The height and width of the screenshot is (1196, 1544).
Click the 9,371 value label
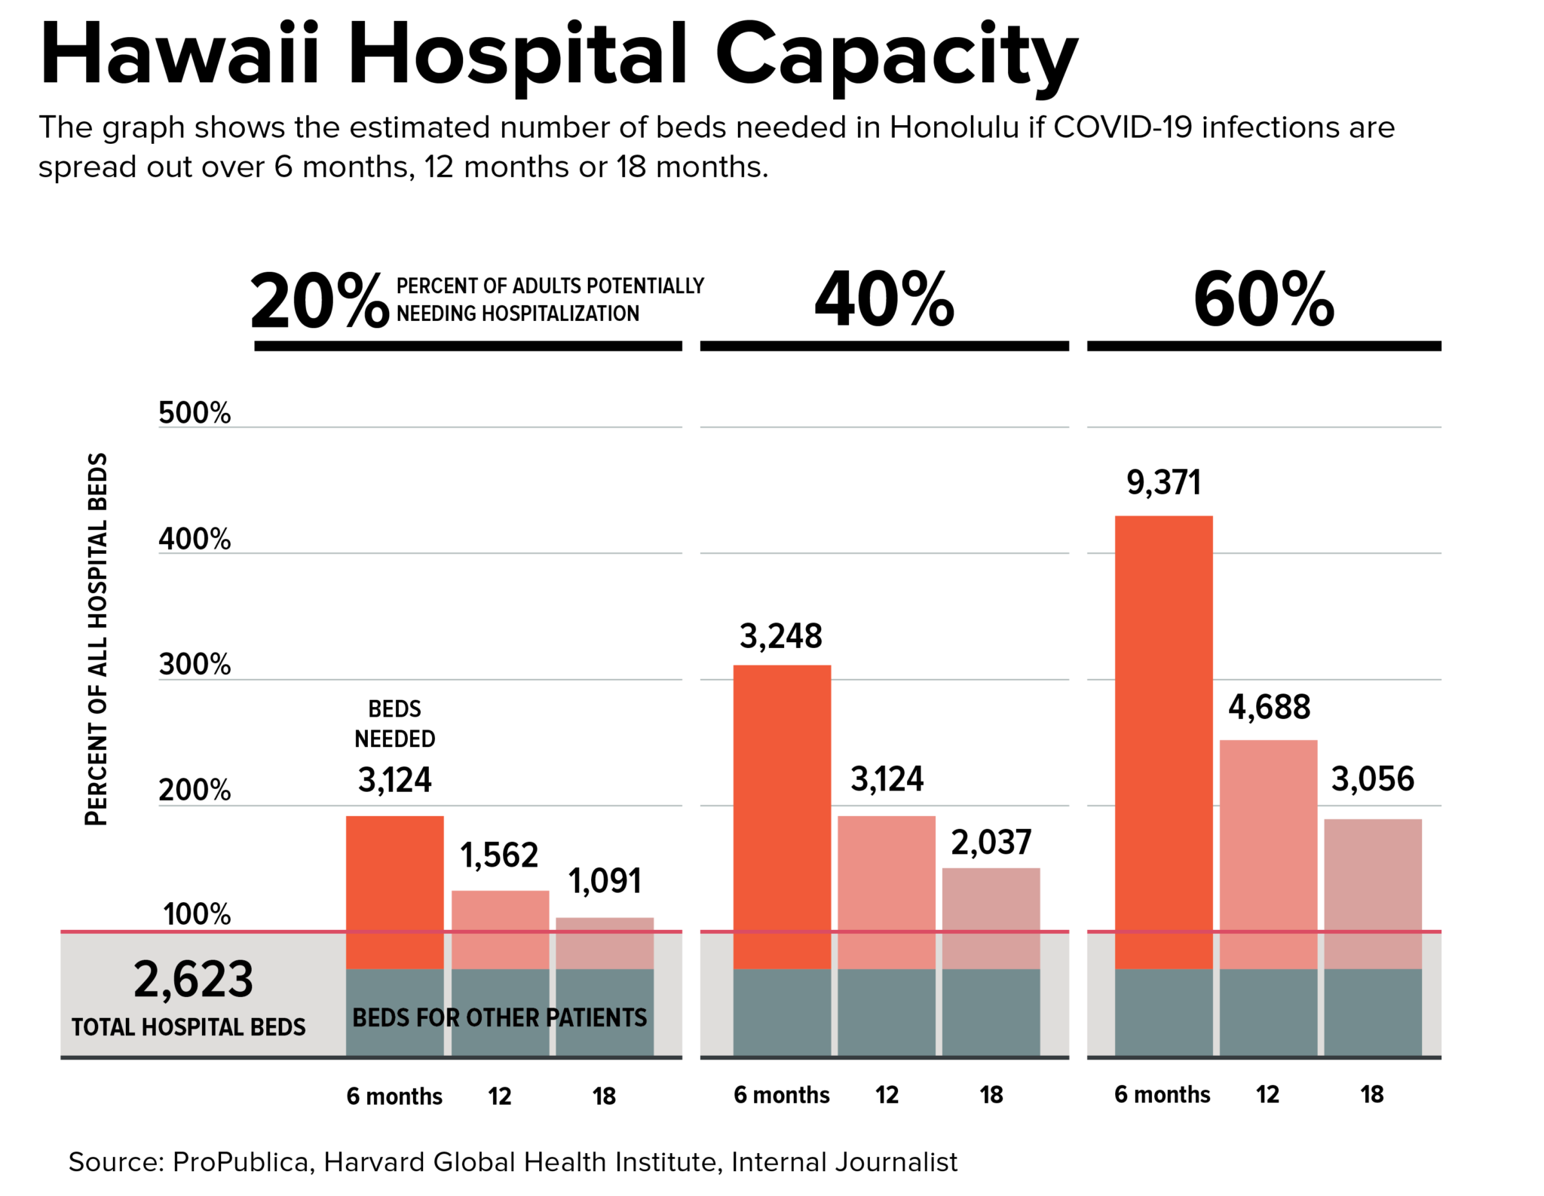1163,482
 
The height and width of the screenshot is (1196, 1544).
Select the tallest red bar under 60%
1163,739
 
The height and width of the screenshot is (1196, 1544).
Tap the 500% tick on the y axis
195,413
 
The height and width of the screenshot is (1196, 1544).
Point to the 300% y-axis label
195,665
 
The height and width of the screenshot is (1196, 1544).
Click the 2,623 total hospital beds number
193,980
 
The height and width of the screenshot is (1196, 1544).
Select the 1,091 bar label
605,880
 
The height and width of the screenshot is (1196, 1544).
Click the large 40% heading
884,300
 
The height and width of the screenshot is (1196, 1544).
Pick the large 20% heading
320,302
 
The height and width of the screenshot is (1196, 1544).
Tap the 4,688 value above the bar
1269,707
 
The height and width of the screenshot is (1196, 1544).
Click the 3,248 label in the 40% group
780,636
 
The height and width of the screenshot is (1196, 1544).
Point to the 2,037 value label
991,842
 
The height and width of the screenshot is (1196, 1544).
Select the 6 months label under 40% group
781,1094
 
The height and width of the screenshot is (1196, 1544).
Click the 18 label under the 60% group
1371,1094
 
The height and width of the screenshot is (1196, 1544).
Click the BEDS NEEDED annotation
394,723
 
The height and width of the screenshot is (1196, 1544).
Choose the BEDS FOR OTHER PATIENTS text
499,1017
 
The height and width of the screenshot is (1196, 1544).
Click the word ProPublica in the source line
240,1161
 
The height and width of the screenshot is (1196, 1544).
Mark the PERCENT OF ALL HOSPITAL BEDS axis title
97,639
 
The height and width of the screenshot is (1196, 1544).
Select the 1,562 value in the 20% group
499,855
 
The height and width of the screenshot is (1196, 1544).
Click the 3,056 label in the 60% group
1372,778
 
